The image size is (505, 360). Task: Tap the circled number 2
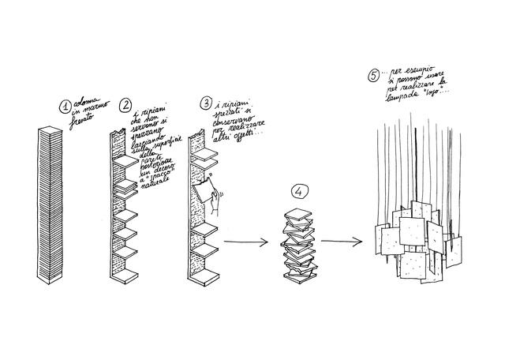tap(125, 105)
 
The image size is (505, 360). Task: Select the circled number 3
tap(206, 103)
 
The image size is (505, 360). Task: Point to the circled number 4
tap(297, 193)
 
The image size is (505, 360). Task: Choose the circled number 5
tap(373, 77)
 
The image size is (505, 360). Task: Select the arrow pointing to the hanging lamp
tap(344, 241)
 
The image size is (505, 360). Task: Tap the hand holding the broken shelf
tap(213, 204)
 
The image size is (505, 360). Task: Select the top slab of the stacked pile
tap(298, 213)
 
